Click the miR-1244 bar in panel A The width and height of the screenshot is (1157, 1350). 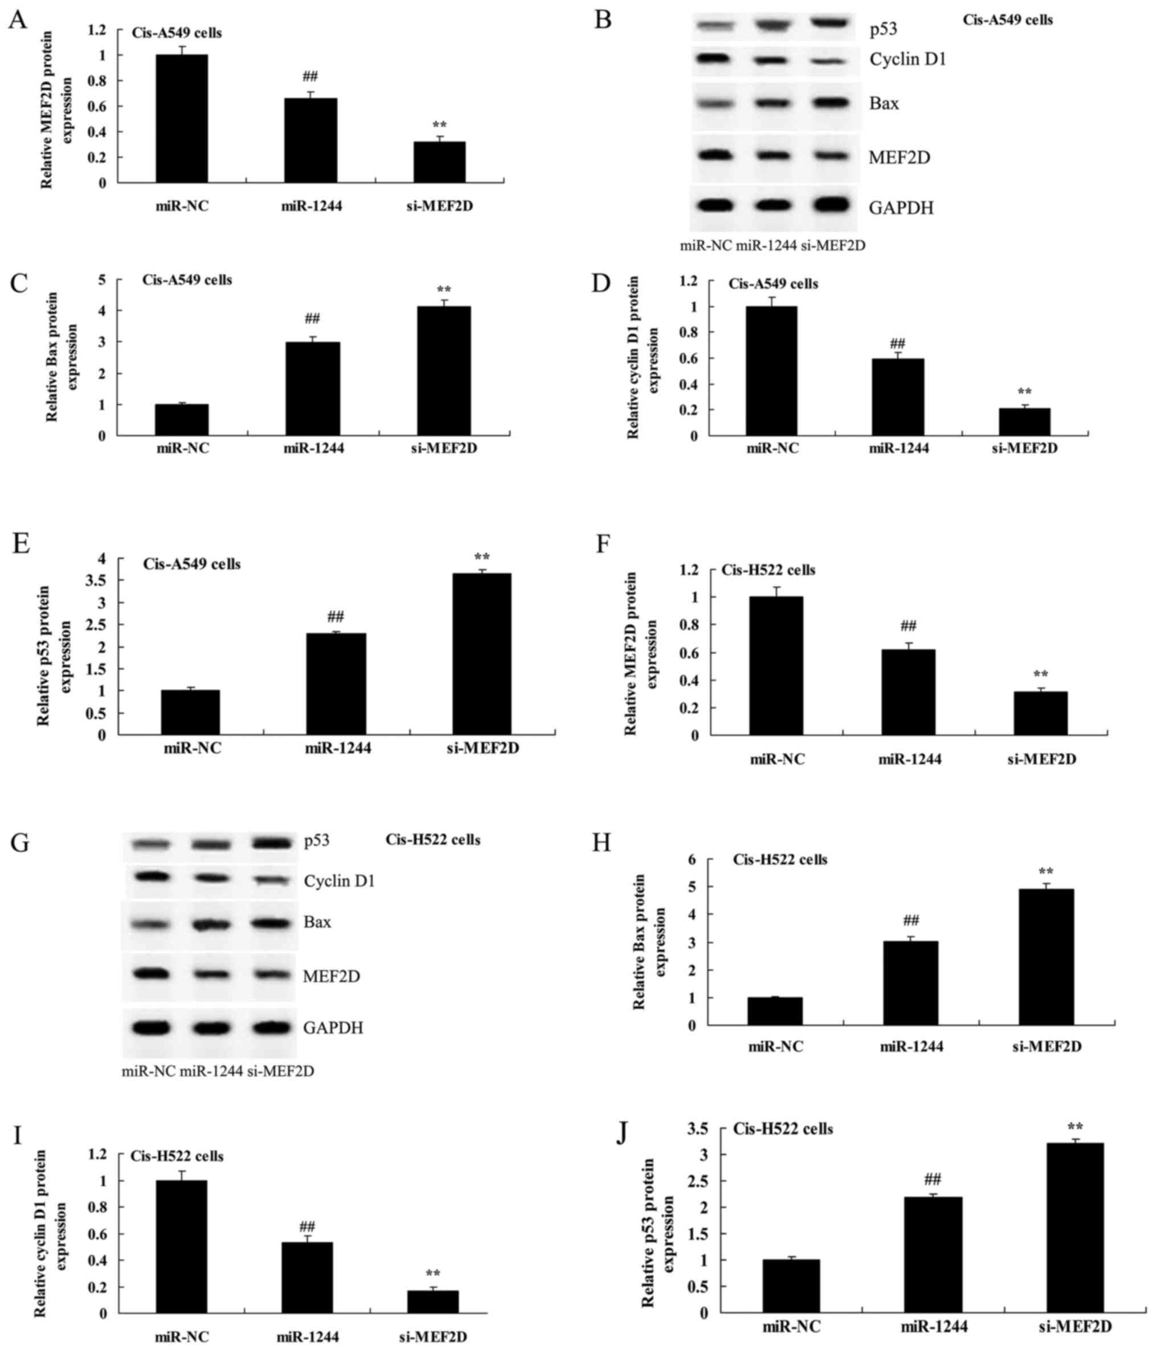(x=310, y=140)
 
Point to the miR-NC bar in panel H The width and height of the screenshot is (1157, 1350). (x=775, y=1011)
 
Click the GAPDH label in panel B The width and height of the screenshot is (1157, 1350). (x=901, y=208)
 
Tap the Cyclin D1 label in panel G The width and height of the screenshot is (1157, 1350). (x=338, y=881)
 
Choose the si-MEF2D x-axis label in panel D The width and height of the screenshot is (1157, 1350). (x=1024, y=448)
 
